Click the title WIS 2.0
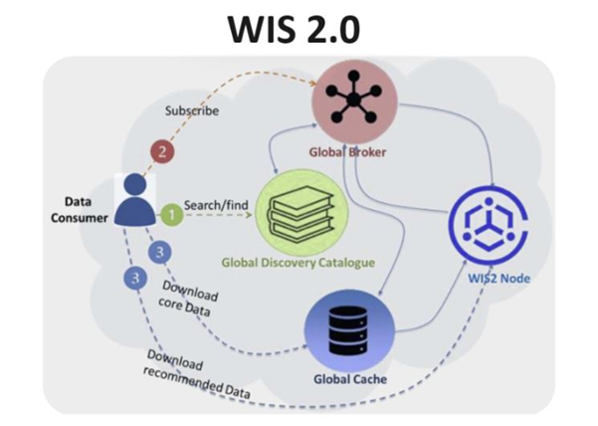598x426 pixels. (294, 30)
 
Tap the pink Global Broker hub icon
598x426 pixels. (354, 102)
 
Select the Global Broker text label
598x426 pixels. (347, 152)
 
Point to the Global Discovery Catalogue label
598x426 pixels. (299, 263)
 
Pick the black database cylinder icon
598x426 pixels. (348, 330)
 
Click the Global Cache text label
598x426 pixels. (350, 379)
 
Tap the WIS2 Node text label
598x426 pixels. (498, 278)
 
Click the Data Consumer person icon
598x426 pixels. (135, 199)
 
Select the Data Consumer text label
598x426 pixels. (80, 210)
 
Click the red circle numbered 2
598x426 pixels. (162, 152)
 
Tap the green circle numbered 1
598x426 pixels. (171, 215)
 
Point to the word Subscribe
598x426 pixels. (192, 111)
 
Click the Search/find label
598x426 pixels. (216, 205)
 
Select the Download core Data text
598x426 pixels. (188, 299)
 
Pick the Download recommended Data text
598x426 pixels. (196, 374)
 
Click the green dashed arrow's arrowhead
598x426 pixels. (249, 215)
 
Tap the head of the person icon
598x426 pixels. (135, 184)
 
